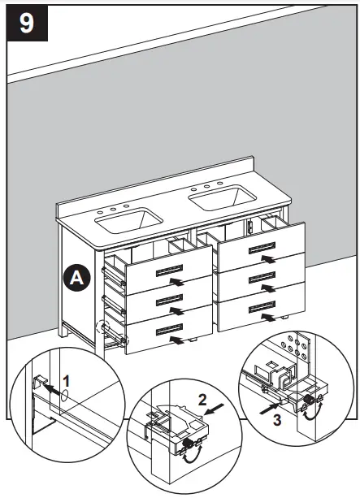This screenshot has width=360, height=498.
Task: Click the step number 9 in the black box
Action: pyautogui.click(x=27, y=23)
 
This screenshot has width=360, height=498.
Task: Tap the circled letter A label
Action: pyautogui.click(x=77, y=277)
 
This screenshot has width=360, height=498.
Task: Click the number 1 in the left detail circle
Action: pyautogui.click(x=67, y=379)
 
